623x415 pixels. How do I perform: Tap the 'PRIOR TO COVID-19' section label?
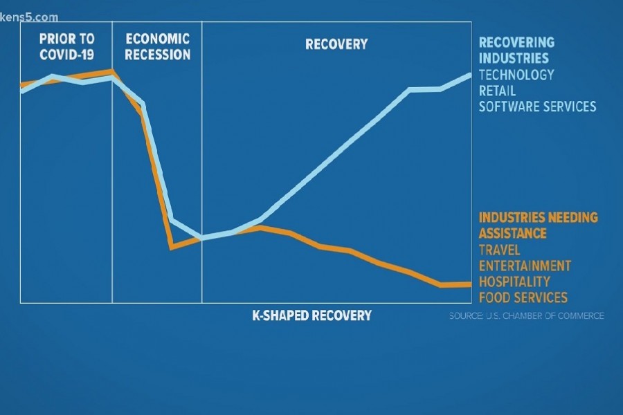[66, 47]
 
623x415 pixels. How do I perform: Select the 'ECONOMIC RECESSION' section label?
[157, 47]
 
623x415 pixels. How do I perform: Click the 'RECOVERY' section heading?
[336, 44]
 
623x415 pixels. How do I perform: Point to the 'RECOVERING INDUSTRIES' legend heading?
[516, 50]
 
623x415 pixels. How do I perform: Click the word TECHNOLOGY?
[516, 74]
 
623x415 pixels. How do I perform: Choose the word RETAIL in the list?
[497, 91]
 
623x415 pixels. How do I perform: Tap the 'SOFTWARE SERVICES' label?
[537, 107]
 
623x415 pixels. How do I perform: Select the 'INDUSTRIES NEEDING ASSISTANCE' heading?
[538, 225]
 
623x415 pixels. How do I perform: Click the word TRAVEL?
[499, 250]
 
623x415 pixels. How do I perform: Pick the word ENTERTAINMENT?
[525, 266]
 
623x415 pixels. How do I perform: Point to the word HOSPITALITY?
[514, 282]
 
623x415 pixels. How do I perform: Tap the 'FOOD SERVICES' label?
[523, 297]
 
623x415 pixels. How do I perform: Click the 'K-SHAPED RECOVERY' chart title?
[311, 315]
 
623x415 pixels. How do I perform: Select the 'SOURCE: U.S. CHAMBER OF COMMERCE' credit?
[526, 315]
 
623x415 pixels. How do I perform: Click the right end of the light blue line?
[470, 74]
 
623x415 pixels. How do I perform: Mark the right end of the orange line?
[470, 284]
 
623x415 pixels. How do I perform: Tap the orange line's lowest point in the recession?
[171, 247]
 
